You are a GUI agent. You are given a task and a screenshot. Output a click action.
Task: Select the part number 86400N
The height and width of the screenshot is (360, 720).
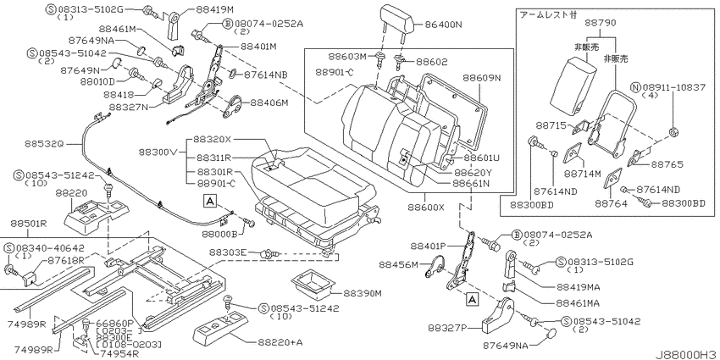[443, 25]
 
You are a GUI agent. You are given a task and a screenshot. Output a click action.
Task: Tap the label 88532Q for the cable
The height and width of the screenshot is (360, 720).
[43, 144]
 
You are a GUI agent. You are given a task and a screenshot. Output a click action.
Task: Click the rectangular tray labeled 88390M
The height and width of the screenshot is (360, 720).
[311, 282]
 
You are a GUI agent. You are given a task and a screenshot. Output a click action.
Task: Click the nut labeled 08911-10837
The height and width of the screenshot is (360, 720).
[674, 133]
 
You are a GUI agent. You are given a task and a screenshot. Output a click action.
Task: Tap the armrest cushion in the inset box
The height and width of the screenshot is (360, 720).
[573, 86]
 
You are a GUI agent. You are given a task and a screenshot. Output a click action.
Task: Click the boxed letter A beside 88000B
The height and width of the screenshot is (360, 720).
[209, 200]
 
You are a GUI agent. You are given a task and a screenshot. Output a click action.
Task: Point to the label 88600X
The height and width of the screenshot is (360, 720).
[426, 207]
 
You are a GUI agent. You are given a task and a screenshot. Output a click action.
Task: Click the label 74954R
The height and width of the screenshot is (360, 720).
[113, 352]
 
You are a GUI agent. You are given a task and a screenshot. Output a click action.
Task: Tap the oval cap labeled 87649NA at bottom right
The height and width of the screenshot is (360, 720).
[552, 335]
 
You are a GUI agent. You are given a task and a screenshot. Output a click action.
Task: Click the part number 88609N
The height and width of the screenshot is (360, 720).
[482, 78]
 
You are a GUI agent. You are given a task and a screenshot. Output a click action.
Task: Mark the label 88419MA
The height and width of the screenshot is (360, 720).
[579, 287]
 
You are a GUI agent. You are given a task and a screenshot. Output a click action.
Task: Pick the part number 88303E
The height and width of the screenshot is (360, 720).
[228, 252]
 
